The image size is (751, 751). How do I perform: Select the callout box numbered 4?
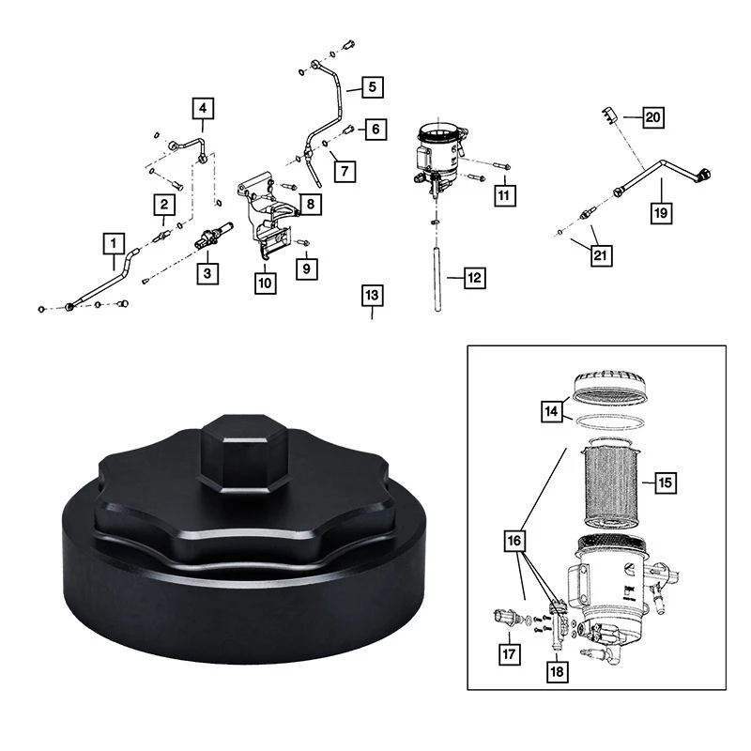204,108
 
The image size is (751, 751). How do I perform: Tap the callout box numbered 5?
372,87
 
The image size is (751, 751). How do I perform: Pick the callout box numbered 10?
265,282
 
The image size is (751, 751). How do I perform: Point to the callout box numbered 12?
474,278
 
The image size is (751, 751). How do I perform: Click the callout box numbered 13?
373,297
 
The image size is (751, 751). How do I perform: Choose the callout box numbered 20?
652,117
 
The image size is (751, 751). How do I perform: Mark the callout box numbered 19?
663,213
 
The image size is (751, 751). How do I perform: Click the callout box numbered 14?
553,410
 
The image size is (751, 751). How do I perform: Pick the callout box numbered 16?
516,543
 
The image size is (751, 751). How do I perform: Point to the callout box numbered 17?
509,654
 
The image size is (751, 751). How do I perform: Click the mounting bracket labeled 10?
268,221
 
